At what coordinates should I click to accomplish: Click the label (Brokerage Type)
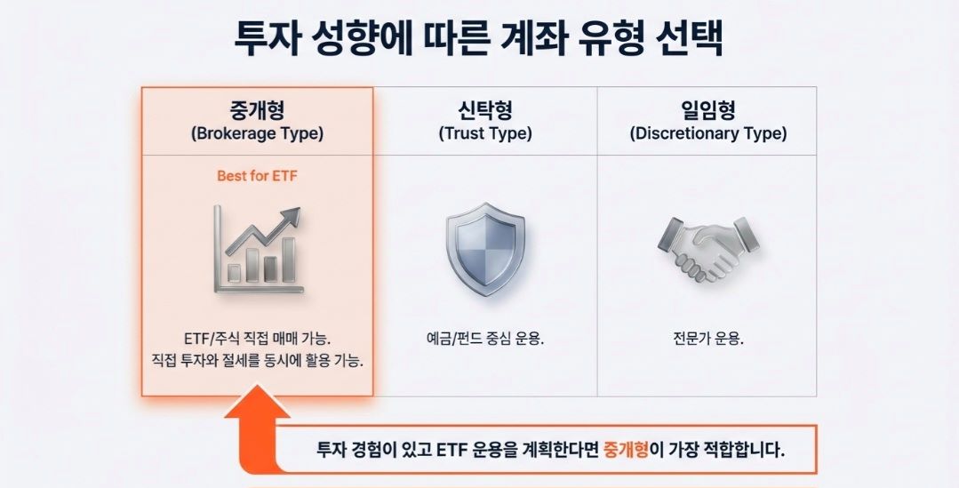pyautogui.click(x=257, y=134)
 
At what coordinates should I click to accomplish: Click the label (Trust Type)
pyautogui.click(x=484, y=134)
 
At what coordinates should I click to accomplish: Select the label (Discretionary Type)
pyautogui.click(x=707, y=134)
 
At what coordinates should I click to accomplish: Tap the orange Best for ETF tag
pyautogui.click(x=257, y=176)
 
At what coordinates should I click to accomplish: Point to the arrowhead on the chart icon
pyautogui.click(x=291, y=216)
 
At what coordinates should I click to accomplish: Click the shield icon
pyautogui.click(x=484, y=248)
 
